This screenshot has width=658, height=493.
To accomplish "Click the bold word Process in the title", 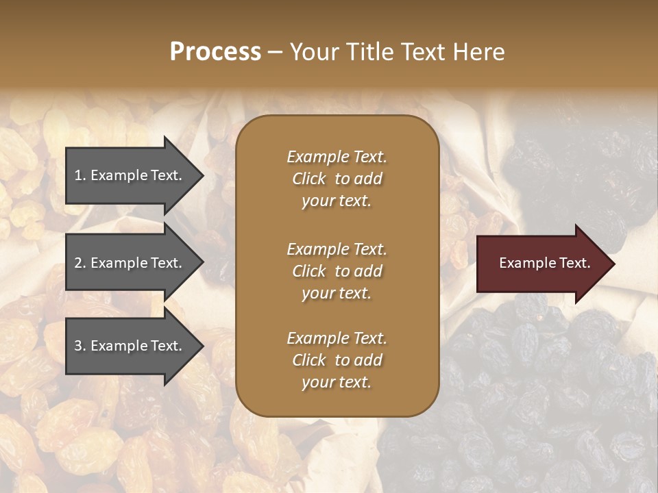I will point(215,52).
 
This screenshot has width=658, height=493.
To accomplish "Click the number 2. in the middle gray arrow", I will point(80,263).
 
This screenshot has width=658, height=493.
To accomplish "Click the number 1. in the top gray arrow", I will point(80,175).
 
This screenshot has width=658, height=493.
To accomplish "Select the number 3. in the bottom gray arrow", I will point(80,346).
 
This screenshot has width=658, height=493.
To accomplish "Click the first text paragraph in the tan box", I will point(337,179).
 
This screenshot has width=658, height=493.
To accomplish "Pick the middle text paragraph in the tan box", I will point(337,271).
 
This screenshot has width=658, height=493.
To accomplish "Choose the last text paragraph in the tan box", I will point(337,360).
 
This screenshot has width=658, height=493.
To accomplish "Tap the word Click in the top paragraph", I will point(309,179).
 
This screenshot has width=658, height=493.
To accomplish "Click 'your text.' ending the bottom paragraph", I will point(337,382).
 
